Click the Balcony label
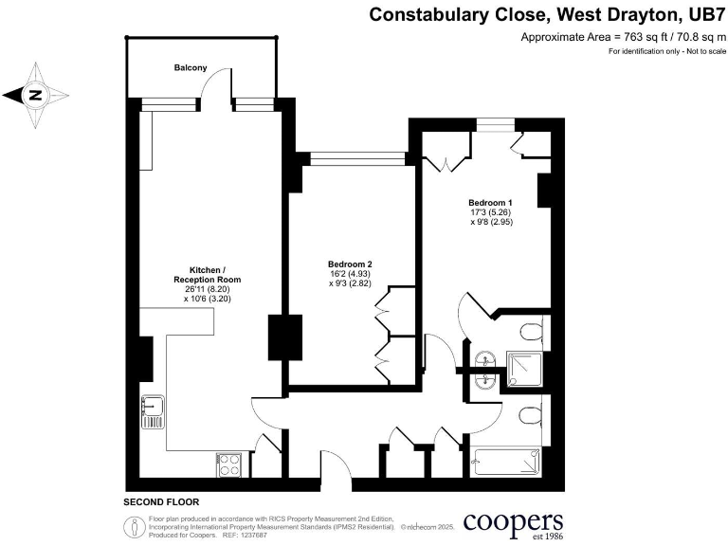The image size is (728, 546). (191, 68)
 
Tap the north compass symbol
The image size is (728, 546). (35, 94)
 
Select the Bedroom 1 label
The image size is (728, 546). (490, 203)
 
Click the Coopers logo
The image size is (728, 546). (514, 522)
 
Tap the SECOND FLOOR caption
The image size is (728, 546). (161, 501)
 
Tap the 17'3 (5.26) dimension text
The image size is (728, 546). (490, 213)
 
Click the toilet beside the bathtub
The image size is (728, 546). (530, 417)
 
